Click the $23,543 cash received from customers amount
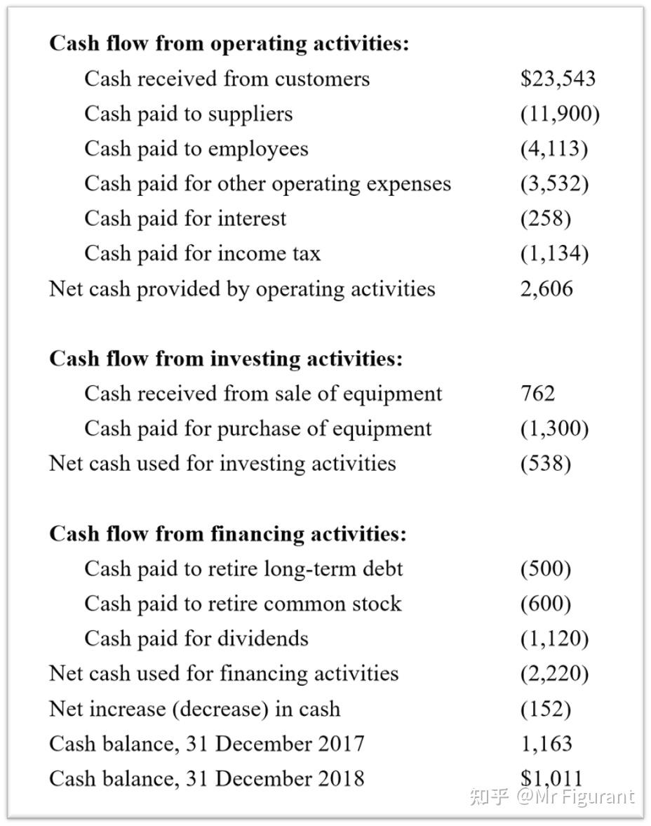(x=558, y=78)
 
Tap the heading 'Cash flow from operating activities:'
(x=229, y=44)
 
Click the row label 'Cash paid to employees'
(x=196, y=149)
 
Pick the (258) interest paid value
(x=545, y=218)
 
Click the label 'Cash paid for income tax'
(x=202, y=253)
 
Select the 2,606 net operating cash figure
(x=546, y=288)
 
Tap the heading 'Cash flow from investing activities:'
(x=226, y=359)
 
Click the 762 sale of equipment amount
(x=537, y=393)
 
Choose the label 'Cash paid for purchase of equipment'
(x=258, y=428)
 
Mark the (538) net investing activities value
(x=545, y=463)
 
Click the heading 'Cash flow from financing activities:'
(x=227, y=534)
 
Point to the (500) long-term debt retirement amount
(x=545, y=568)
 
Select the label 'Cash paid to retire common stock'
(x=243, y=604)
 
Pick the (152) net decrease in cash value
(x=545, y=709)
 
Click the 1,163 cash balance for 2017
(x=546, y=744)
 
